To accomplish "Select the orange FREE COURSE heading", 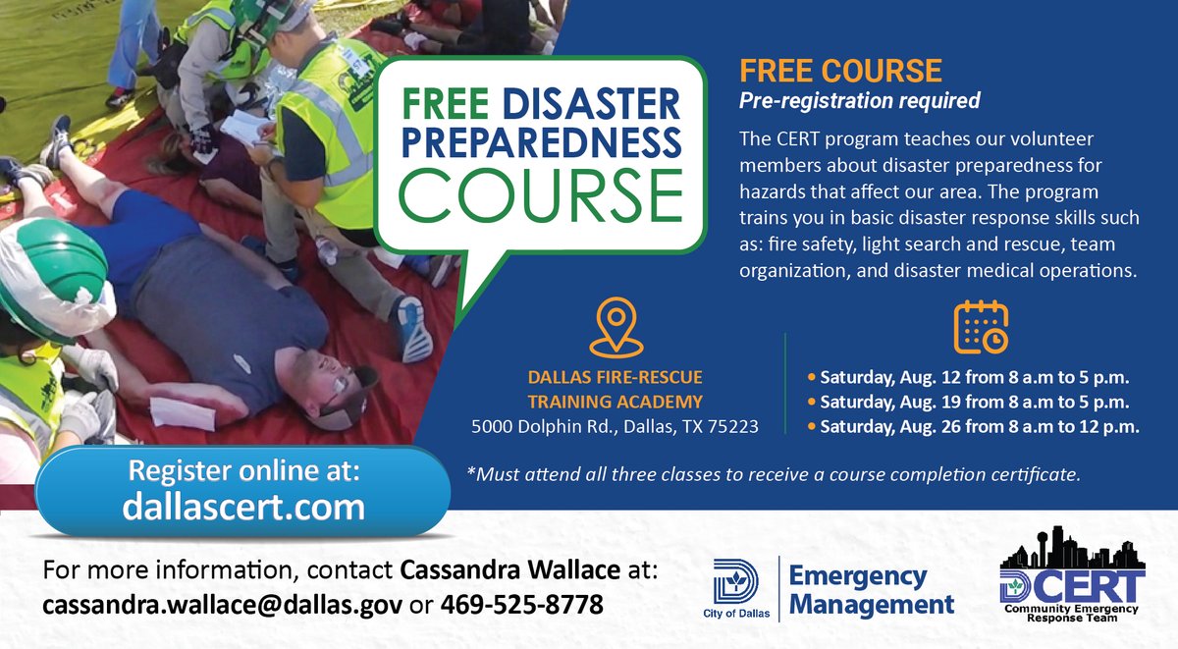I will coord(840,71).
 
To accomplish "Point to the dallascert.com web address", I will coord(242,506).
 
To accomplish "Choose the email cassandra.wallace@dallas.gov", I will coord(222,605).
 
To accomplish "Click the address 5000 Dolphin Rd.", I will coord(615,426).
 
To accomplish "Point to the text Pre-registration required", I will coord(859,100).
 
